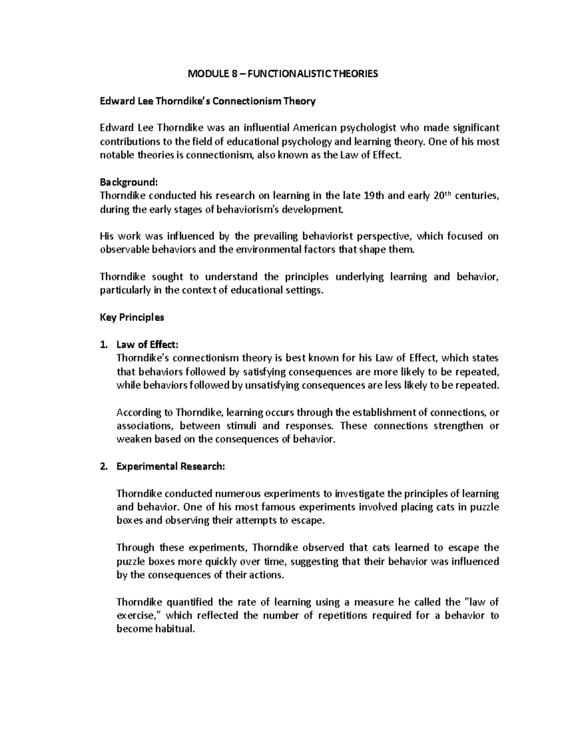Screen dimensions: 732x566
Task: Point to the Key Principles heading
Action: point(132,317)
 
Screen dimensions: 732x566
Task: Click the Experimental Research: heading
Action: point(171,467)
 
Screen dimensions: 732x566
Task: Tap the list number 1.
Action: point(104,345)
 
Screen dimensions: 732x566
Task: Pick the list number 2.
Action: point(104,467)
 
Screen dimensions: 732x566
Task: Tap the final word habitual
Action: point(177,629)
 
